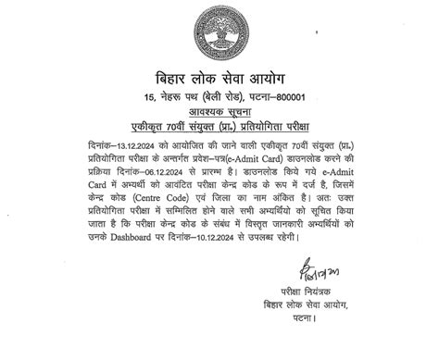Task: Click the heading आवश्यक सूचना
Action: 219,112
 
